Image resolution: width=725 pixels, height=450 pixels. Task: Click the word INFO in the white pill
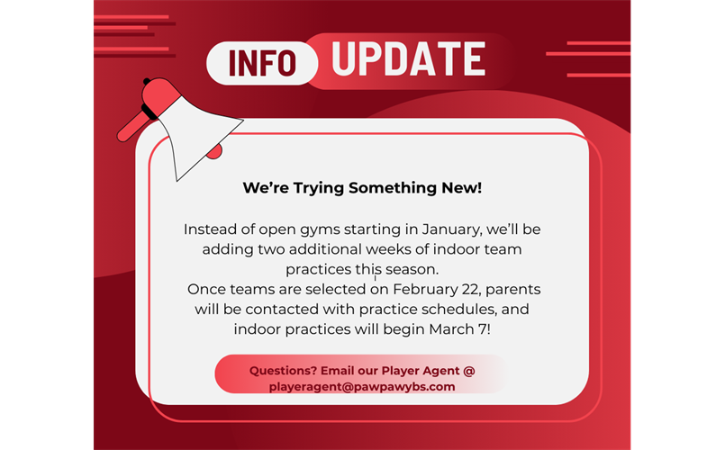click(x=262, y=62)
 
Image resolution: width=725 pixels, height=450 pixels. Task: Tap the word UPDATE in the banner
click(x=409, y=58)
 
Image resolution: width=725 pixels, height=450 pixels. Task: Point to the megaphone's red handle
click(x=131, y=126)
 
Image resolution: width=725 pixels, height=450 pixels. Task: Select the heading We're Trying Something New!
click(x=362, y=187)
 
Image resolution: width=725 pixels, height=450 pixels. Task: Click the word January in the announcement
click(x=451, y=229)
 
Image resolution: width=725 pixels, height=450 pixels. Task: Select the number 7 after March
click(x=482, y=329)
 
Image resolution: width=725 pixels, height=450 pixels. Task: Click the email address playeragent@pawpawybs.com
click(x=362, y=387)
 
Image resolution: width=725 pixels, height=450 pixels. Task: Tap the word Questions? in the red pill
click(x=283, y=371)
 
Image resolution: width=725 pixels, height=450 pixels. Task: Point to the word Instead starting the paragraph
click(x=206, y=229)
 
